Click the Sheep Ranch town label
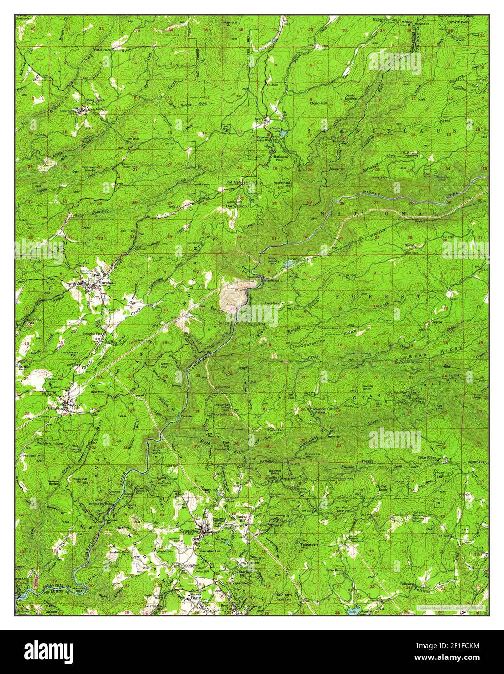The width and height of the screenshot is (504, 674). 92,101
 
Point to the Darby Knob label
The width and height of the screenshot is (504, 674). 236,206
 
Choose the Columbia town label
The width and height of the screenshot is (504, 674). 188,531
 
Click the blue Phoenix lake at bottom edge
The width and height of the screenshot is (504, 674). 352,610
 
